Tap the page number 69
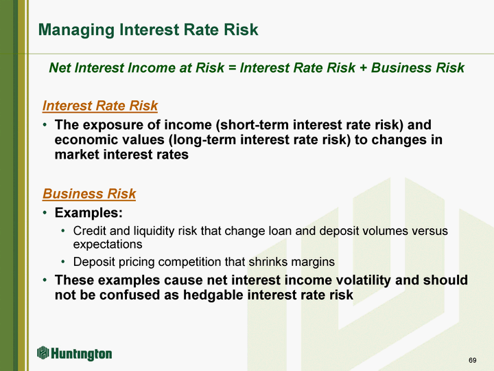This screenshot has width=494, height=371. [x=472, y=360]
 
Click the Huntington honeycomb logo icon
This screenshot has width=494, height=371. [x=43, y=352]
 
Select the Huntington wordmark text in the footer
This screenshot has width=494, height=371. [x=81, y=354]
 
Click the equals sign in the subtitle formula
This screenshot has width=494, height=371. [x=232, y=68]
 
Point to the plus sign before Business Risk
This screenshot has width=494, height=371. [x=363, y=68]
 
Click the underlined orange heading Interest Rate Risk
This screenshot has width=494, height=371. [x=100, y=106]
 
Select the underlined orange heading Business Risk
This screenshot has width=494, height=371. [x=89, y=194]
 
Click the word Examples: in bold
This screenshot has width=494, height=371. [x=89, y=212]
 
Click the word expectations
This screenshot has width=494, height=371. [x=108, y=245]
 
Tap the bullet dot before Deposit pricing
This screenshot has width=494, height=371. [x=63, y=262]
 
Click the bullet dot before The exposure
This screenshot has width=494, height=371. [x=45, y=125]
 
